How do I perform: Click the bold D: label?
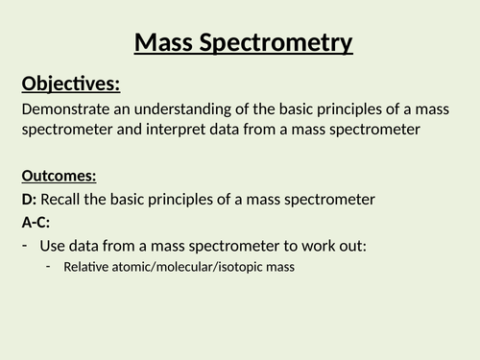tap(29, 200)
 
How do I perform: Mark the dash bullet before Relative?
tap(49, 266)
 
